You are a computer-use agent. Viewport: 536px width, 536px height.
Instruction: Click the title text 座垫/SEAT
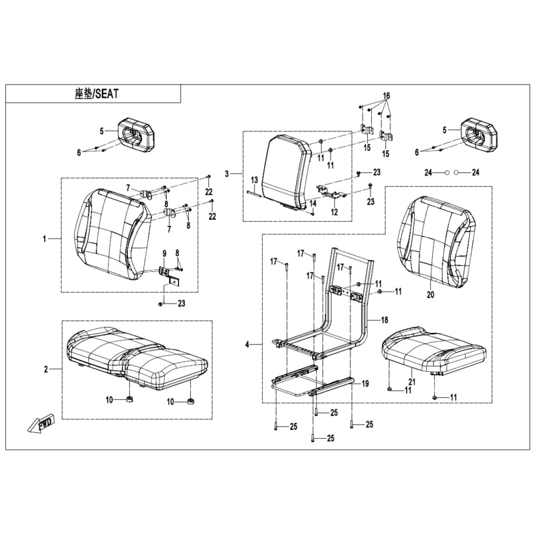pos(96,94)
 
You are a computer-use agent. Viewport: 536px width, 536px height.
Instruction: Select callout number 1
pos(45,239)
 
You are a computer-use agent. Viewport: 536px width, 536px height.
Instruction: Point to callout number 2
pos(46,369)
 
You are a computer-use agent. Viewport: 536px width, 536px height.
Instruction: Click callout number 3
pos(227,174)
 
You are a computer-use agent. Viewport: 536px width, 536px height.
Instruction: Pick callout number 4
pos(247,344)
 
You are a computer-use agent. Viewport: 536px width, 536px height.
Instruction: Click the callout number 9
pos(163,253)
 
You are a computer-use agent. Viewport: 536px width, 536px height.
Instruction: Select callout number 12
pos(334,212)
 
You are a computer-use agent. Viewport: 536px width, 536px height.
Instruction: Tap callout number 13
pos(254,181)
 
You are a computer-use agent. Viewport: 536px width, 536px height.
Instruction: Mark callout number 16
pos(386,96)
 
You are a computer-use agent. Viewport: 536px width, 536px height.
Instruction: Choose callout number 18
pos(385,321)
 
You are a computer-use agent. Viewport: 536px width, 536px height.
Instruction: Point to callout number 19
pos(365,383)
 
